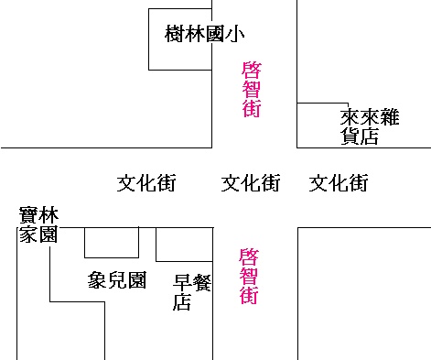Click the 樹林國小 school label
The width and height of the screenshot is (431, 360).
pos(205,34)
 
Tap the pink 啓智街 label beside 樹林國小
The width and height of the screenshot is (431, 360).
pos(252,90)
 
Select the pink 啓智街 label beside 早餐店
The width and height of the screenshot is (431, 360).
pos(249,277)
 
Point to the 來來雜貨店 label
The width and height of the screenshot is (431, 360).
pos(370,126)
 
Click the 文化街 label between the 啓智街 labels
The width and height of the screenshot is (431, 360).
pos(251,183)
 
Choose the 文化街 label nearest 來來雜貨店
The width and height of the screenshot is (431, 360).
pos(339,183)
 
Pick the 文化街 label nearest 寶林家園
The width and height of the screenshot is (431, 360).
pos(146,183)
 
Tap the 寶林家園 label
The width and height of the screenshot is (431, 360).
pos(38,224)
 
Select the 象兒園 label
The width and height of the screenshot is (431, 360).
pos(117,280)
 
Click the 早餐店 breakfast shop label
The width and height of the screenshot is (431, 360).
pos(192,292)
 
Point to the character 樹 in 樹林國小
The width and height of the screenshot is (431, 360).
pos(175,34)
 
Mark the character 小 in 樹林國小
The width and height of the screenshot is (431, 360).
pos(235,34)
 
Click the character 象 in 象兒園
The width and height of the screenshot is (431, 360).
pos(97,280)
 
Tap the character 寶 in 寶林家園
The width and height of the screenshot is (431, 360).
pos(28,215)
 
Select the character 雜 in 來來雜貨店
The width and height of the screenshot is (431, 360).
pos(390,117)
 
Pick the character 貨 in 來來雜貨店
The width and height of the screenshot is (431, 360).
pos(350,136)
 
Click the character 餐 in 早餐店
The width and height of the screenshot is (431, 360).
pos(201,283)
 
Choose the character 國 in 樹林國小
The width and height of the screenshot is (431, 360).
pos(215,34)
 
